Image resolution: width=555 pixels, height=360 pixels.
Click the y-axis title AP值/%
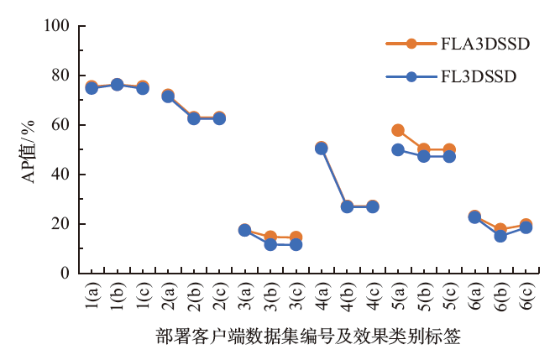point(27,151)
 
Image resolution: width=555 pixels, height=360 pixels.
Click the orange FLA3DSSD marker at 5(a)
point(398,130)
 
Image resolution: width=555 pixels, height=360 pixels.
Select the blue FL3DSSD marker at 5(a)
point(398,149)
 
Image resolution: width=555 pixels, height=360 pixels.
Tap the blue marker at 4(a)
point(322,149)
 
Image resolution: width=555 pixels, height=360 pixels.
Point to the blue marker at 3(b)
point(270,244)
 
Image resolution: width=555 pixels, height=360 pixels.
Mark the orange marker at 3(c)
point(296,237)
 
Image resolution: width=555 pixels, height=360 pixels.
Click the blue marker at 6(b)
point(500,236)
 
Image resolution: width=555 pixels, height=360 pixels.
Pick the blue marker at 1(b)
point(117,85)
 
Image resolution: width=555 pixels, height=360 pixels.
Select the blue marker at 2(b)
point(194,118)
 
